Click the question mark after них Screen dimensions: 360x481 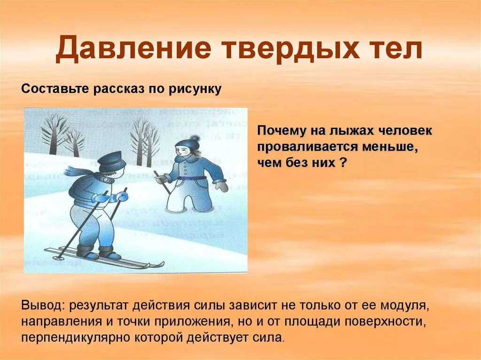[x=344, y=163]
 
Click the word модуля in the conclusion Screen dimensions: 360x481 [x=408, y=306]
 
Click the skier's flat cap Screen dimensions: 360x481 [x=112, y=161]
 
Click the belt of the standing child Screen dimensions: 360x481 [x=193, y=178]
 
